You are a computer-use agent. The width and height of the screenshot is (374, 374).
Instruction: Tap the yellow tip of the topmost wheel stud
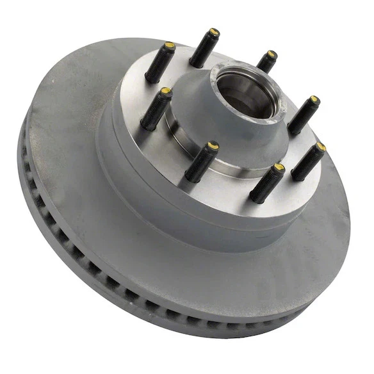pos(215,33)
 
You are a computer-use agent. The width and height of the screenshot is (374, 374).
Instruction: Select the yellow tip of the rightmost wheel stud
pos(321,147)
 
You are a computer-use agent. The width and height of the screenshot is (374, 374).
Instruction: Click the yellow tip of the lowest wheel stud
pos(279,168)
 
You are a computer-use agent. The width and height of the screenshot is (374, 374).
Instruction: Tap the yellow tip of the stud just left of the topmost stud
pos(170,47)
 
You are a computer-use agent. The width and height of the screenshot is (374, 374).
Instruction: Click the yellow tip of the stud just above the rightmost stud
pos(314,100)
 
